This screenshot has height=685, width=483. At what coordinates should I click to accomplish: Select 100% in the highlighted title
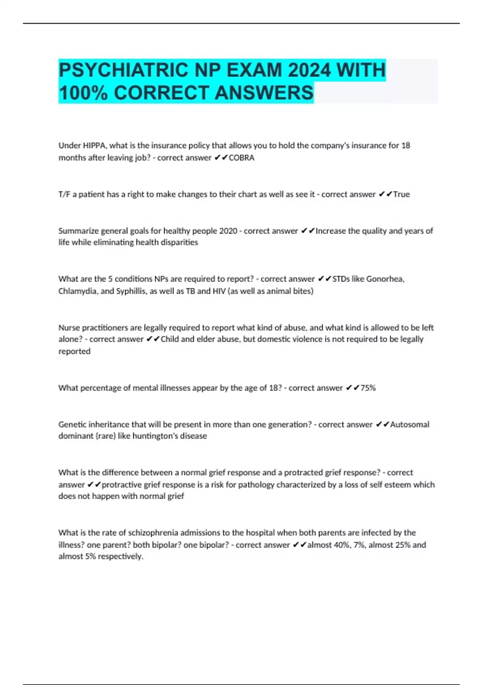click(83, 93)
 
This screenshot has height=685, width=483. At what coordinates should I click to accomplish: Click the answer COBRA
click(242, 158)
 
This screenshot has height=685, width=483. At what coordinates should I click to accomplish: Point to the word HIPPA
click(94, 145)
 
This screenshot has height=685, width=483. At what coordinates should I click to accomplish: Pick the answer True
click(401, 194)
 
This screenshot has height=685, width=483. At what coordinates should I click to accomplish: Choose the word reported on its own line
click(74, 351)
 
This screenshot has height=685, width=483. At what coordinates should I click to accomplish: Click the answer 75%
click(368, 388)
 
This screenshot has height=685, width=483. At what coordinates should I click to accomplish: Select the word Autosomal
click(410, 424)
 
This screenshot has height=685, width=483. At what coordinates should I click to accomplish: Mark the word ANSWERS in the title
click(264, 93)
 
